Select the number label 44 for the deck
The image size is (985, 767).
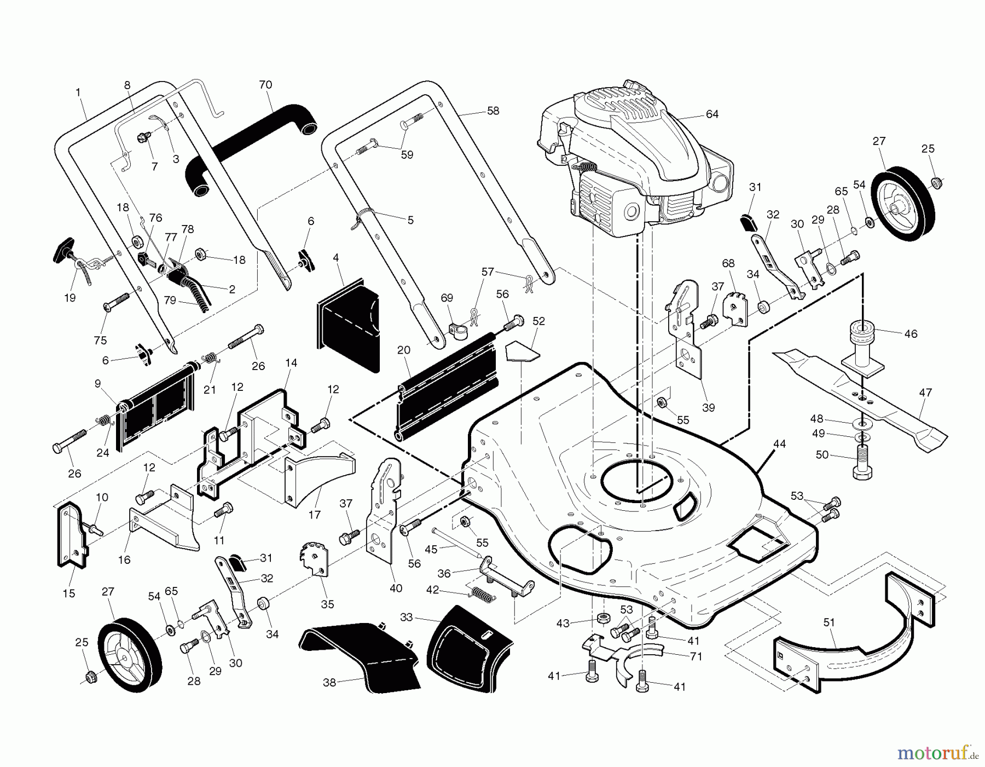click(779, 444)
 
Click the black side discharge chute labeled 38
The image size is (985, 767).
click(361, 657)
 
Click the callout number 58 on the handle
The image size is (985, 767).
click(493, 111)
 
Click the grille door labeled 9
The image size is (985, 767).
click(156, 405)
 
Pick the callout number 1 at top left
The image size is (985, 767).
click(78, 93)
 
